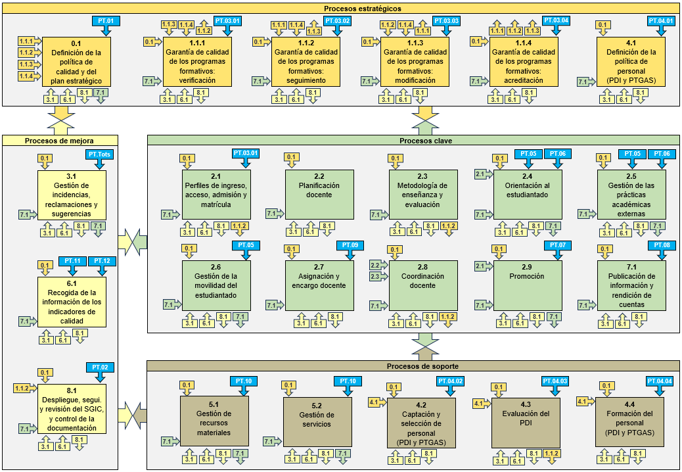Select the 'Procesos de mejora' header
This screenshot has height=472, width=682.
pos(59,140)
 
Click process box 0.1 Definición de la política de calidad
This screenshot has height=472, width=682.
pos(76,62)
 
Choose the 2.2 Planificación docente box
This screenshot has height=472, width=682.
pos(319,195)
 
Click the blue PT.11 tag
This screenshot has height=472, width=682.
pos(72,261)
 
